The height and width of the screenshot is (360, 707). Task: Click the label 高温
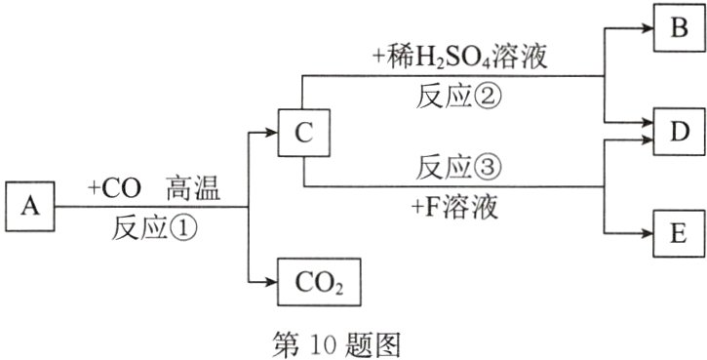[192, 187]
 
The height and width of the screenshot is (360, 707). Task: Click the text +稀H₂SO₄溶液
[457, 60]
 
